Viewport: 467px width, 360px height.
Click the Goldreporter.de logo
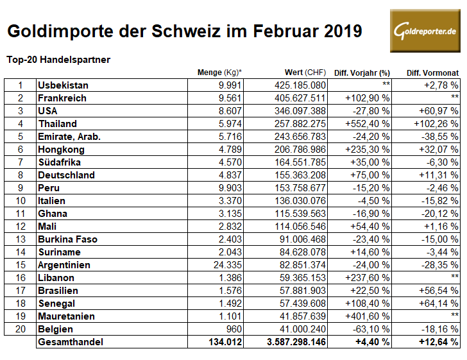click(x=425, y=31)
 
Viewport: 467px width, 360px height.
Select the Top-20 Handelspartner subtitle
click(x=58, y=60)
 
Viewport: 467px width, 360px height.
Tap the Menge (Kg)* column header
click(x=219, y=73)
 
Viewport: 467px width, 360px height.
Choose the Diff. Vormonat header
click(x=432, y=73)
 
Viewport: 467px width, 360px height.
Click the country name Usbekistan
click(x=63, y=85)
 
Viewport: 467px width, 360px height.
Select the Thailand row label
click(x=57, y=123)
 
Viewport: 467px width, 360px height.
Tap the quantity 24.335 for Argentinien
click(x=225, y=264)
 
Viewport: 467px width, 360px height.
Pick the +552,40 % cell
click(x=368, y=123)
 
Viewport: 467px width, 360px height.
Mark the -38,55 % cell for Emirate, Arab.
click(x=439, y=136)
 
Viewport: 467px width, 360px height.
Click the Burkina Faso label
click(x=67, y=239)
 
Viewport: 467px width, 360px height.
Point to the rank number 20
click(x=20, y=329)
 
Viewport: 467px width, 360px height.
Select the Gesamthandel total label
click(x=71, y=342)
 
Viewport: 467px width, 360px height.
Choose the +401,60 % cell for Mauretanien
click(x=368, y=316)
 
